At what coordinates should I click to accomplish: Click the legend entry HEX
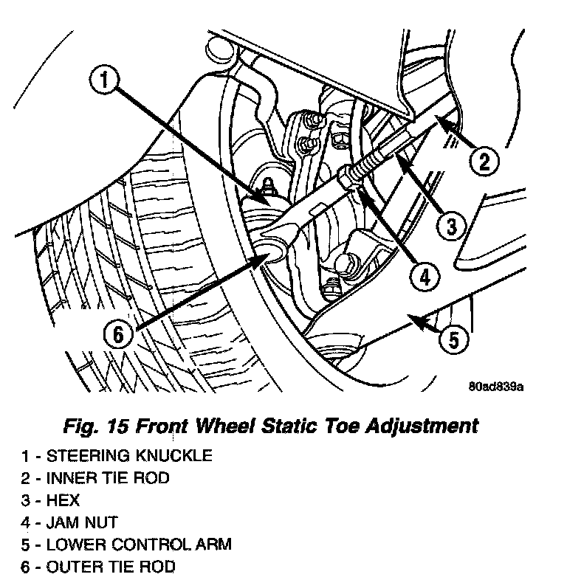(51, 500)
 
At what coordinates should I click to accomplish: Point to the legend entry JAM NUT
(70, 522)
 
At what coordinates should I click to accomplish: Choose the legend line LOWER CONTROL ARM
(127, 545)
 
